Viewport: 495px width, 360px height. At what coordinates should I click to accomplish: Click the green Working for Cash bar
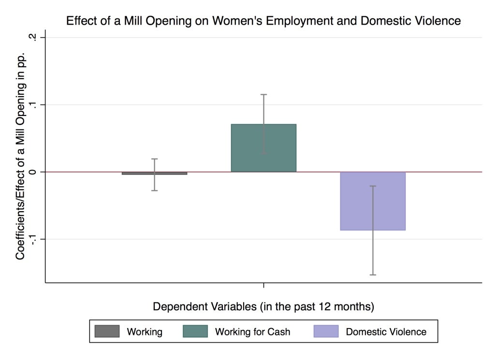(x=263, y=148)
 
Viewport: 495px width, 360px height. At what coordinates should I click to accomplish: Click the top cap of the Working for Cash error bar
(x=263, y=95)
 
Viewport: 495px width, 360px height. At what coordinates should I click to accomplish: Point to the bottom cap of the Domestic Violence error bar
(x=373, y=274)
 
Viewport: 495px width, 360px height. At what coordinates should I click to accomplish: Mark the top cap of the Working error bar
(x=154, y=159)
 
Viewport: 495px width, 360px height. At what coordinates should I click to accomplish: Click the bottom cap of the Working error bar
(x=154, y=190)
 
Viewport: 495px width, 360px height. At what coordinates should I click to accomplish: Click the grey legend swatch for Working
(x=107, y=331)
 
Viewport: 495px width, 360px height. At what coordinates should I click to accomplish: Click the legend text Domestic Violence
(x=386, y=332)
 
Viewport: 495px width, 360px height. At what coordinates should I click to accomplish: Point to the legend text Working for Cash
(x=252, y=332)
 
